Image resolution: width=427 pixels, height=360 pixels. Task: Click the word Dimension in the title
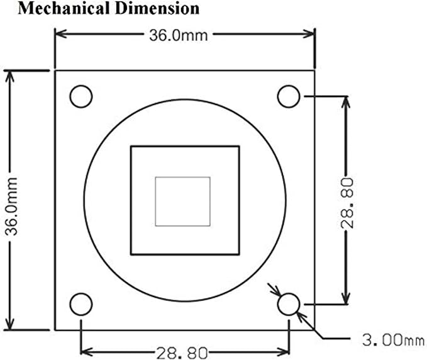[x=157, y=8]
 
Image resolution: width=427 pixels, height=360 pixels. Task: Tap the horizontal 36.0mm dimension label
[x=179, y=35]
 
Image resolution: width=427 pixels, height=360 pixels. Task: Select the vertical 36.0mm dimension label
[x=11, y=206]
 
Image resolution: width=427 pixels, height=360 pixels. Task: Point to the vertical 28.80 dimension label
[x=347, y=203]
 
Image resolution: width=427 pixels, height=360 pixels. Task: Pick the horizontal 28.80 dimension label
[x=182, y=353]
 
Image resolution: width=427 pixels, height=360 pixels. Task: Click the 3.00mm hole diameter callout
[x=393, y=340]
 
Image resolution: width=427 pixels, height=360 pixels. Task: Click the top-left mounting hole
[x=81, y=96]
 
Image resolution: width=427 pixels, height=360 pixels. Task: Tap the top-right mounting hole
[x=289, y=96]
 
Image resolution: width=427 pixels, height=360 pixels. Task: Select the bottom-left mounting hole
[x=81, y=304]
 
